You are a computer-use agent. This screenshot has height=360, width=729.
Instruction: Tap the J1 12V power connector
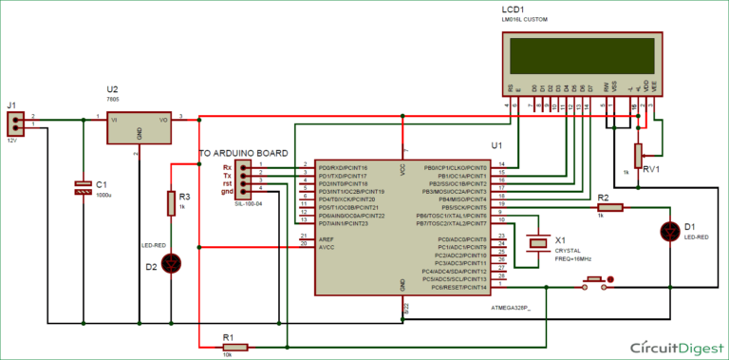16,123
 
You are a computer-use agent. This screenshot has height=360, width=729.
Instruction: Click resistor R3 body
172,204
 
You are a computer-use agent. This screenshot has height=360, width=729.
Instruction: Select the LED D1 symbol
670,231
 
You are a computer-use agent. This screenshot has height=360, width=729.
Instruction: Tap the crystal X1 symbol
538,242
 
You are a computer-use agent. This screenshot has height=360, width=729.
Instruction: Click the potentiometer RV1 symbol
639,152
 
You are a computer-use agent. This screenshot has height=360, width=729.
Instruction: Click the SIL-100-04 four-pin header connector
245,177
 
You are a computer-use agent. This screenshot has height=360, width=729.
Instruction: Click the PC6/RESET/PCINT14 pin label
457,286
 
